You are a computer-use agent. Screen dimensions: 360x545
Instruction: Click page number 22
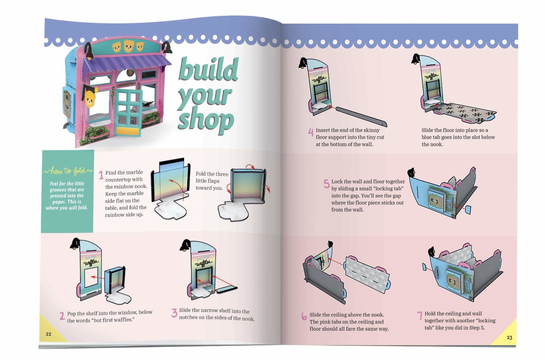coord(49,334)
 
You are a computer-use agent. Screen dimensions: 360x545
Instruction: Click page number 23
coord(509,338)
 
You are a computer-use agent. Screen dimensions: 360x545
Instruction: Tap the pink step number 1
coord(101,175)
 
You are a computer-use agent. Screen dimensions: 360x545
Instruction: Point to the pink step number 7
coord(419,316)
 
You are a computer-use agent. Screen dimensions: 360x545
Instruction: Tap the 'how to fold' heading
coord(68,171)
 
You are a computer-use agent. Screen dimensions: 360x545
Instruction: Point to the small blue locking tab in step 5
coord(468,210)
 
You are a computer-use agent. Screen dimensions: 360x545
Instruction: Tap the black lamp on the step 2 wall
coord(74,244)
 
